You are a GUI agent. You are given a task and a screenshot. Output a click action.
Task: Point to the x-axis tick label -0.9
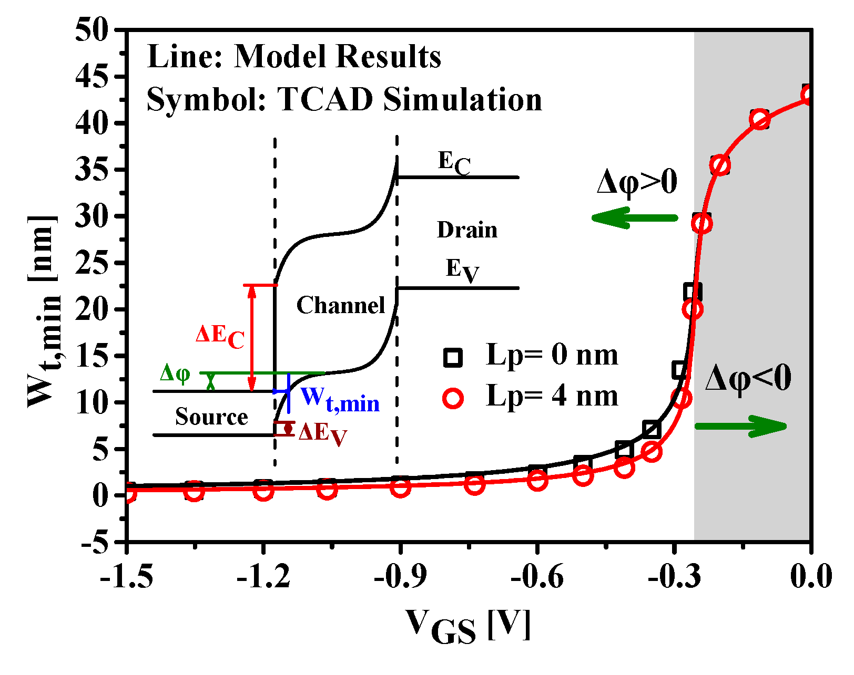click(x=400, y=577)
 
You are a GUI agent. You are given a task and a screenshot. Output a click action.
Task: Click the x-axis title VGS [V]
click(x=467, y=626)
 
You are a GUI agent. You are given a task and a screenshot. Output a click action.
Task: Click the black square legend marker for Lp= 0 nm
click(x=453, y=357)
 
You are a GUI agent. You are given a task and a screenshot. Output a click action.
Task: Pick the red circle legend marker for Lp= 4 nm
click(x=453, y=398)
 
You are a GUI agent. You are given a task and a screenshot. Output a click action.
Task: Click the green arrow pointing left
click(x=634, y=217)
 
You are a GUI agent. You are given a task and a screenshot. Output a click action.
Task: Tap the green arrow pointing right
click(x=741, y=426)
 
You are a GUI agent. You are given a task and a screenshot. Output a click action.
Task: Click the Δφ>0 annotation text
click(x=637, y=183)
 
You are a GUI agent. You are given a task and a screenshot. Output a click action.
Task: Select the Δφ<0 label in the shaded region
click(x=748, y=379)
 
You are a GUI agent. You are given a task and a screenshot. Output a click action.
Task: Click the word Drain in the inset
click(x=467, y=230)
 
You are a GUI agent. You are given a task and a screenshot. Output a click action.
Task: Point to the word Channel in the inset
click(x=341, y=306)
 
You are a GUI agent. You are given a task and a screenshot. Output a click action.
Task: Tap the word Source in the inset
click(x=211, y=417)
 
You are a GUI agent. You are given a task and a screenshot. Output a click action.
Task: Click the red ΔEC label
click(x=220, y=336)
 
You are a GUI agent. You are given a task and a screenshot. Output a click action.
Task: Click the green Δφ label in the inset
click(x=175, y=373)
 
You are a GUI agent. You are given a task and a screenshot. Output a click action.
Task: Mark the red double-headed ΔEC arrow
click(x=252, y=338)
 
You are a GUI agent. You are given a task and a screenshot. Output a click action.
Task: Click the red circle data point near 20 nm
click(x=693, y=309)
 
